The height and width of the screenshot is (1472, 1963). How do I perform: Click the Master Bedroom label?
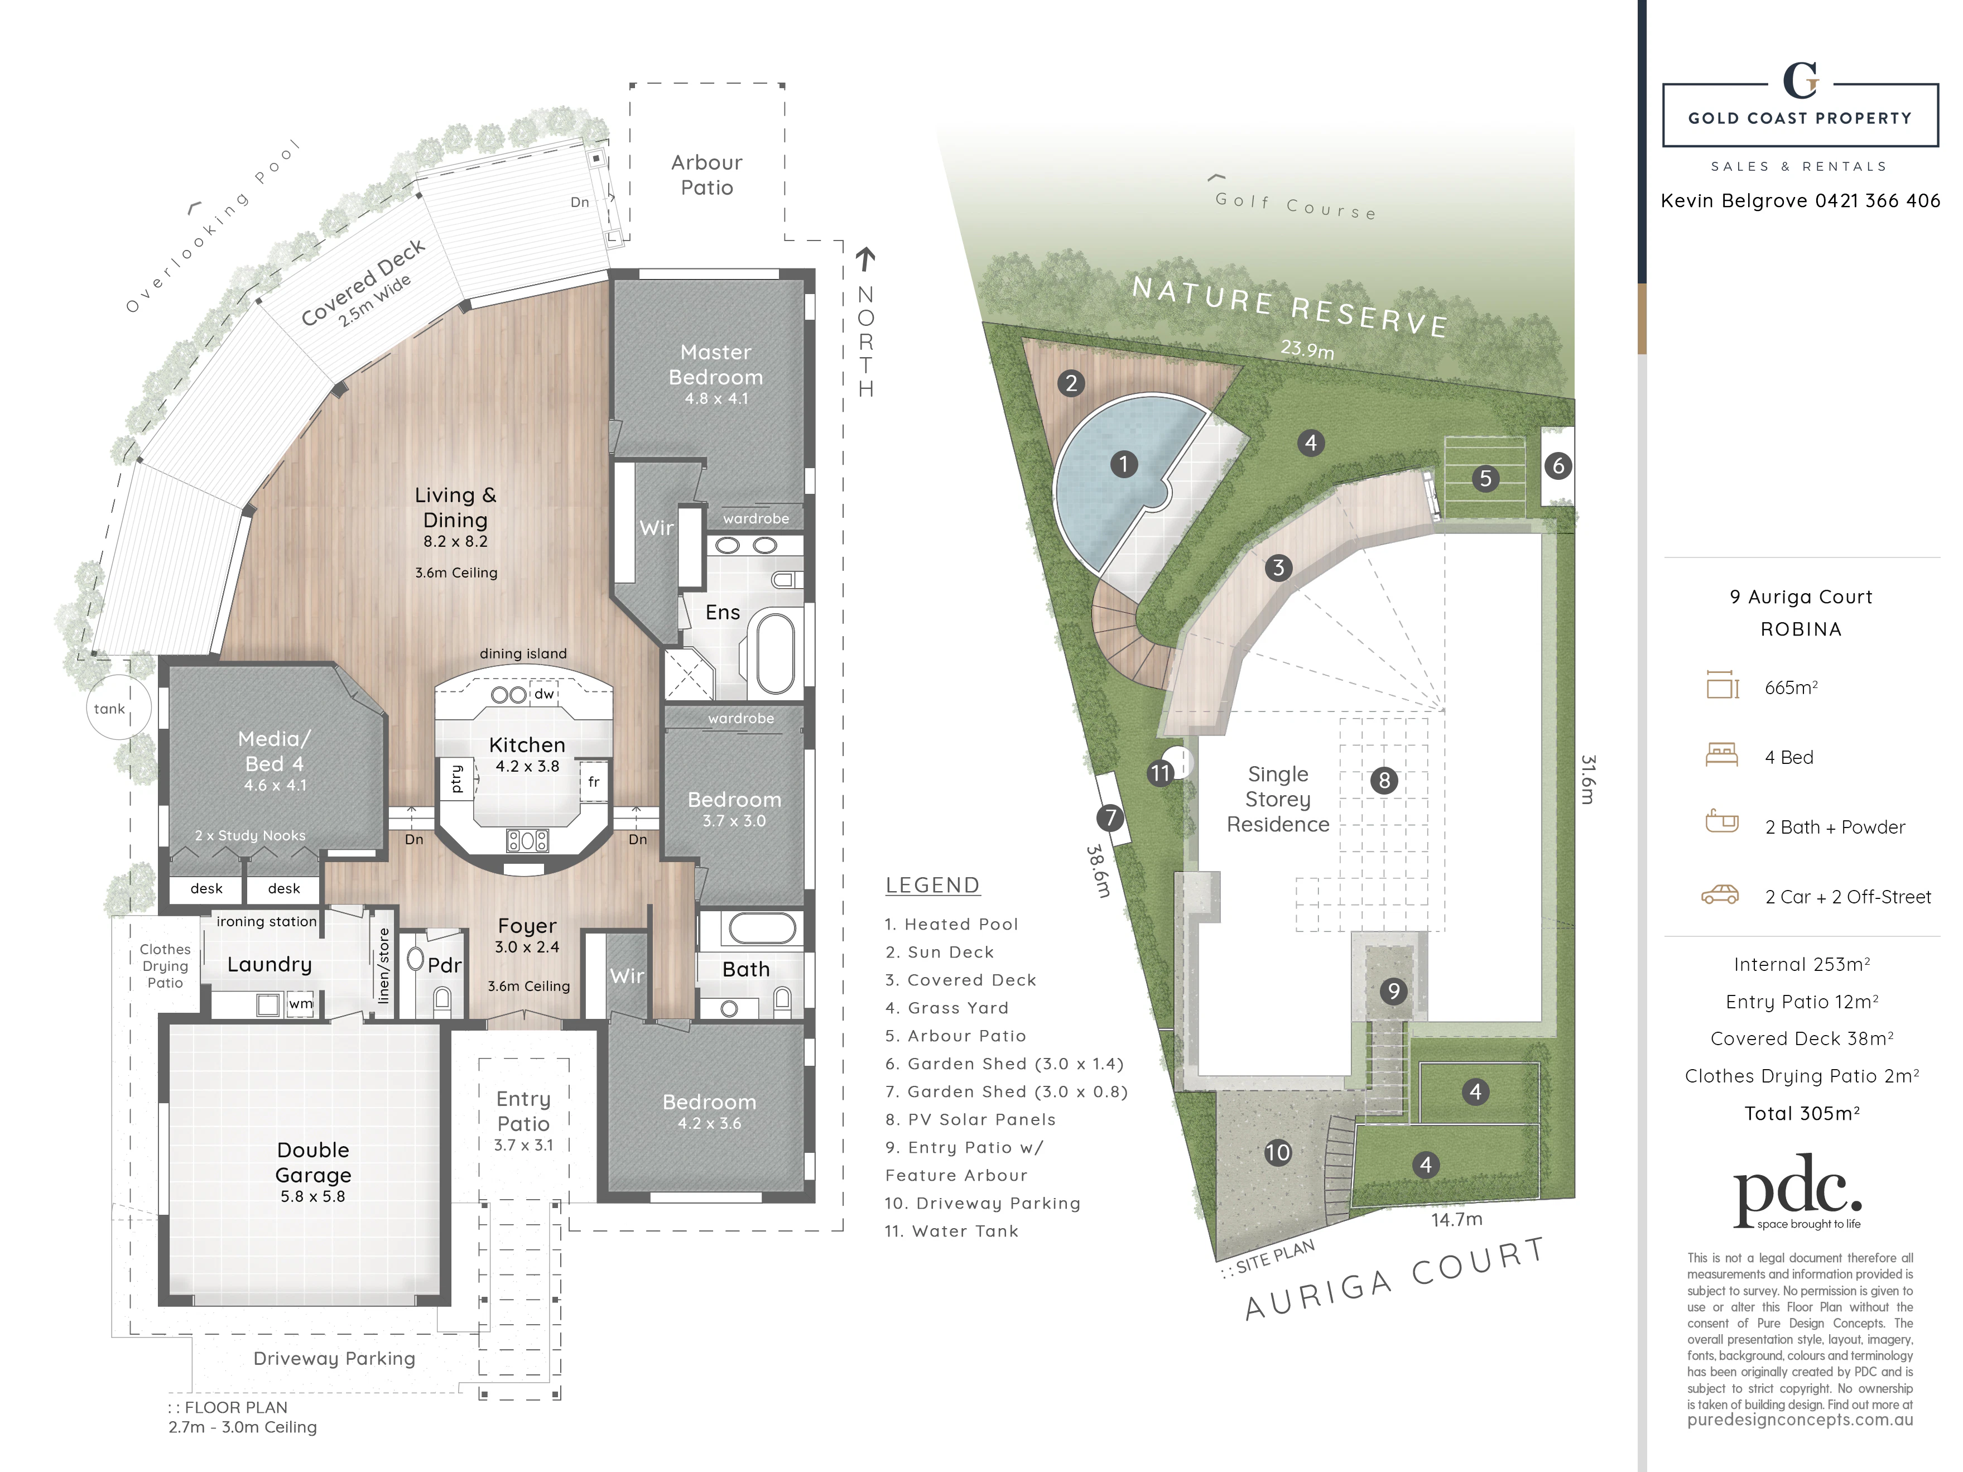click(715, 365)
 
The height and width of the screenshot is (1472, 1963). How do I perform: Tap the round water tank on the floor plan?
click(118, 707)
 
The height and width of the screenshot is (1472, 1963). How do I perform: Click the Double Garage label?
click(313, 1162)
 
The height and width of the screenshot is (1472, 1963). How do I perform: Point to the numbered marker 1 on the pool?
click(1123, 463)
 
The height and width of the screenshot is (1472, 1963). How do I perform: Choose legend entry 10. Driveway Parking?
click(983, 1203)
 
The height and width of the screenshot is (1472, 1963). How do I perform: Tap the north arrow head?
click(865, 257)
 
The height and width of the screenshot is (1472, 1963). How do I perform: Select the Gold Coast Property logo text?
click(1800, 118)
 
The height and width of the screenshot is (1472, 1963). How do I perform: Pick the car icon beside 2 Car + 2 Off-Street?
click(1720, 894)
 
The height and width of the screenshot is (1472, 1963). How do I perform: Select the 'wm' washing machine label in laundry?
click(301, 1003)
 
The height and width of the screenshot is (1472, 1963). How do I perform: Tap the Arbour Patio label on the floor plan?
click(706, 175)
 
